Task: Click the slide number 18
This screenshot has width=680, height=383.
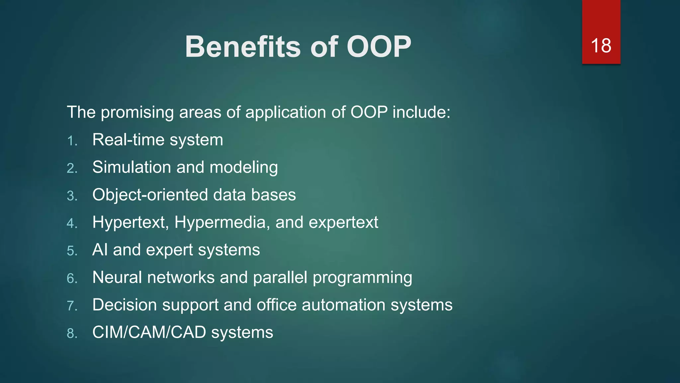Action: pos(601,46)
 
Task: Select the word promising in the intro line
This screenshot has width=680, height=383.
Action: pos(137,112)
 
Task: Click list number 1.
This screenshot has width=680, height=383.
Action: pos(72,141)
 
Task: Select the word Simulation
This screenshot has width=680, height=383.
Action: pos(131,167)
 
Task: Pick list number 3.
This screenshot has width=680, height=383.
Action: pos(72,196)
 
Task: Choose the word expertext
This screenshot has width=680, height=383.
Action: pos(343,222)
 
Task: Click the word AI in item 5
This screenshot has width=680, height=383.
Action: pos(100,250)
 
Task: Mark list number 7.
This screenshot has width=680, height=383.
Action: pos(72,306)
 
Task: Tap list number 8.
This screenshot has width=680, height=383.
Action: pos(72,333)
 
